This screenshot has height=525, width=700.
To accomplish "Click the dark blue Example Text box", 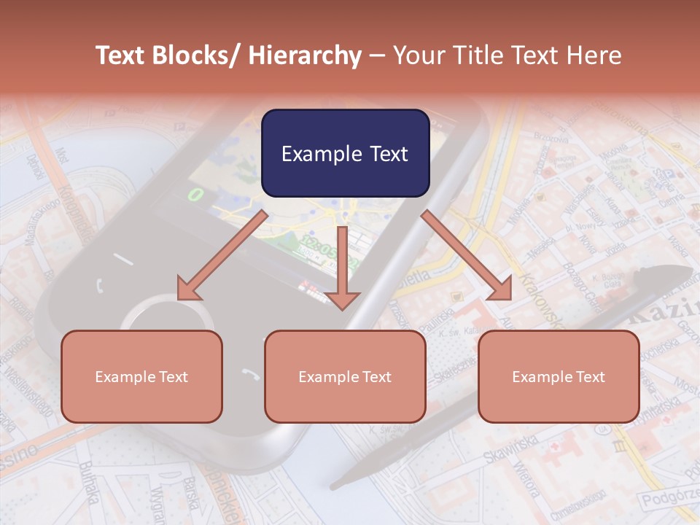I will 345,153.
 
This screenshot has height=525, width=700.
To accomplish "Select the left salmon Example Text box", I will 141,376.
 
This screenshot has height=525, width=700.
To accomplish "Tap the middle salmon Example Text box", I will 345,376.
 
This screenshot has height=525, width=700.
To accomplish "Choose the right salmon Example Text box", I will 559,376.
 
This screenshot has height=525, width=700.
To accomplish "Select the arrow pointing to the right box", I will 467,255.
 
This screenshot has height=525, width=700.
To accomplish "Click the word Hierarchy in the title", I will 305,55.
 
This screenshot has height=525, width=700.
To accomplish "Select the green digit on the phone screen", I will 195,194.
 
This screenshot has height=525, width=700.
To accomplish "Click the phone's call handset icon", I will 99,285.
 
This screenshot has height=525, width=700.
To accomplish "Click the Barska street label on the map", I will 191,494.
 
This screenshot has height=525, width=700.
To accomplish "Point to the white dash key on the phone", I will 122,259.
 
